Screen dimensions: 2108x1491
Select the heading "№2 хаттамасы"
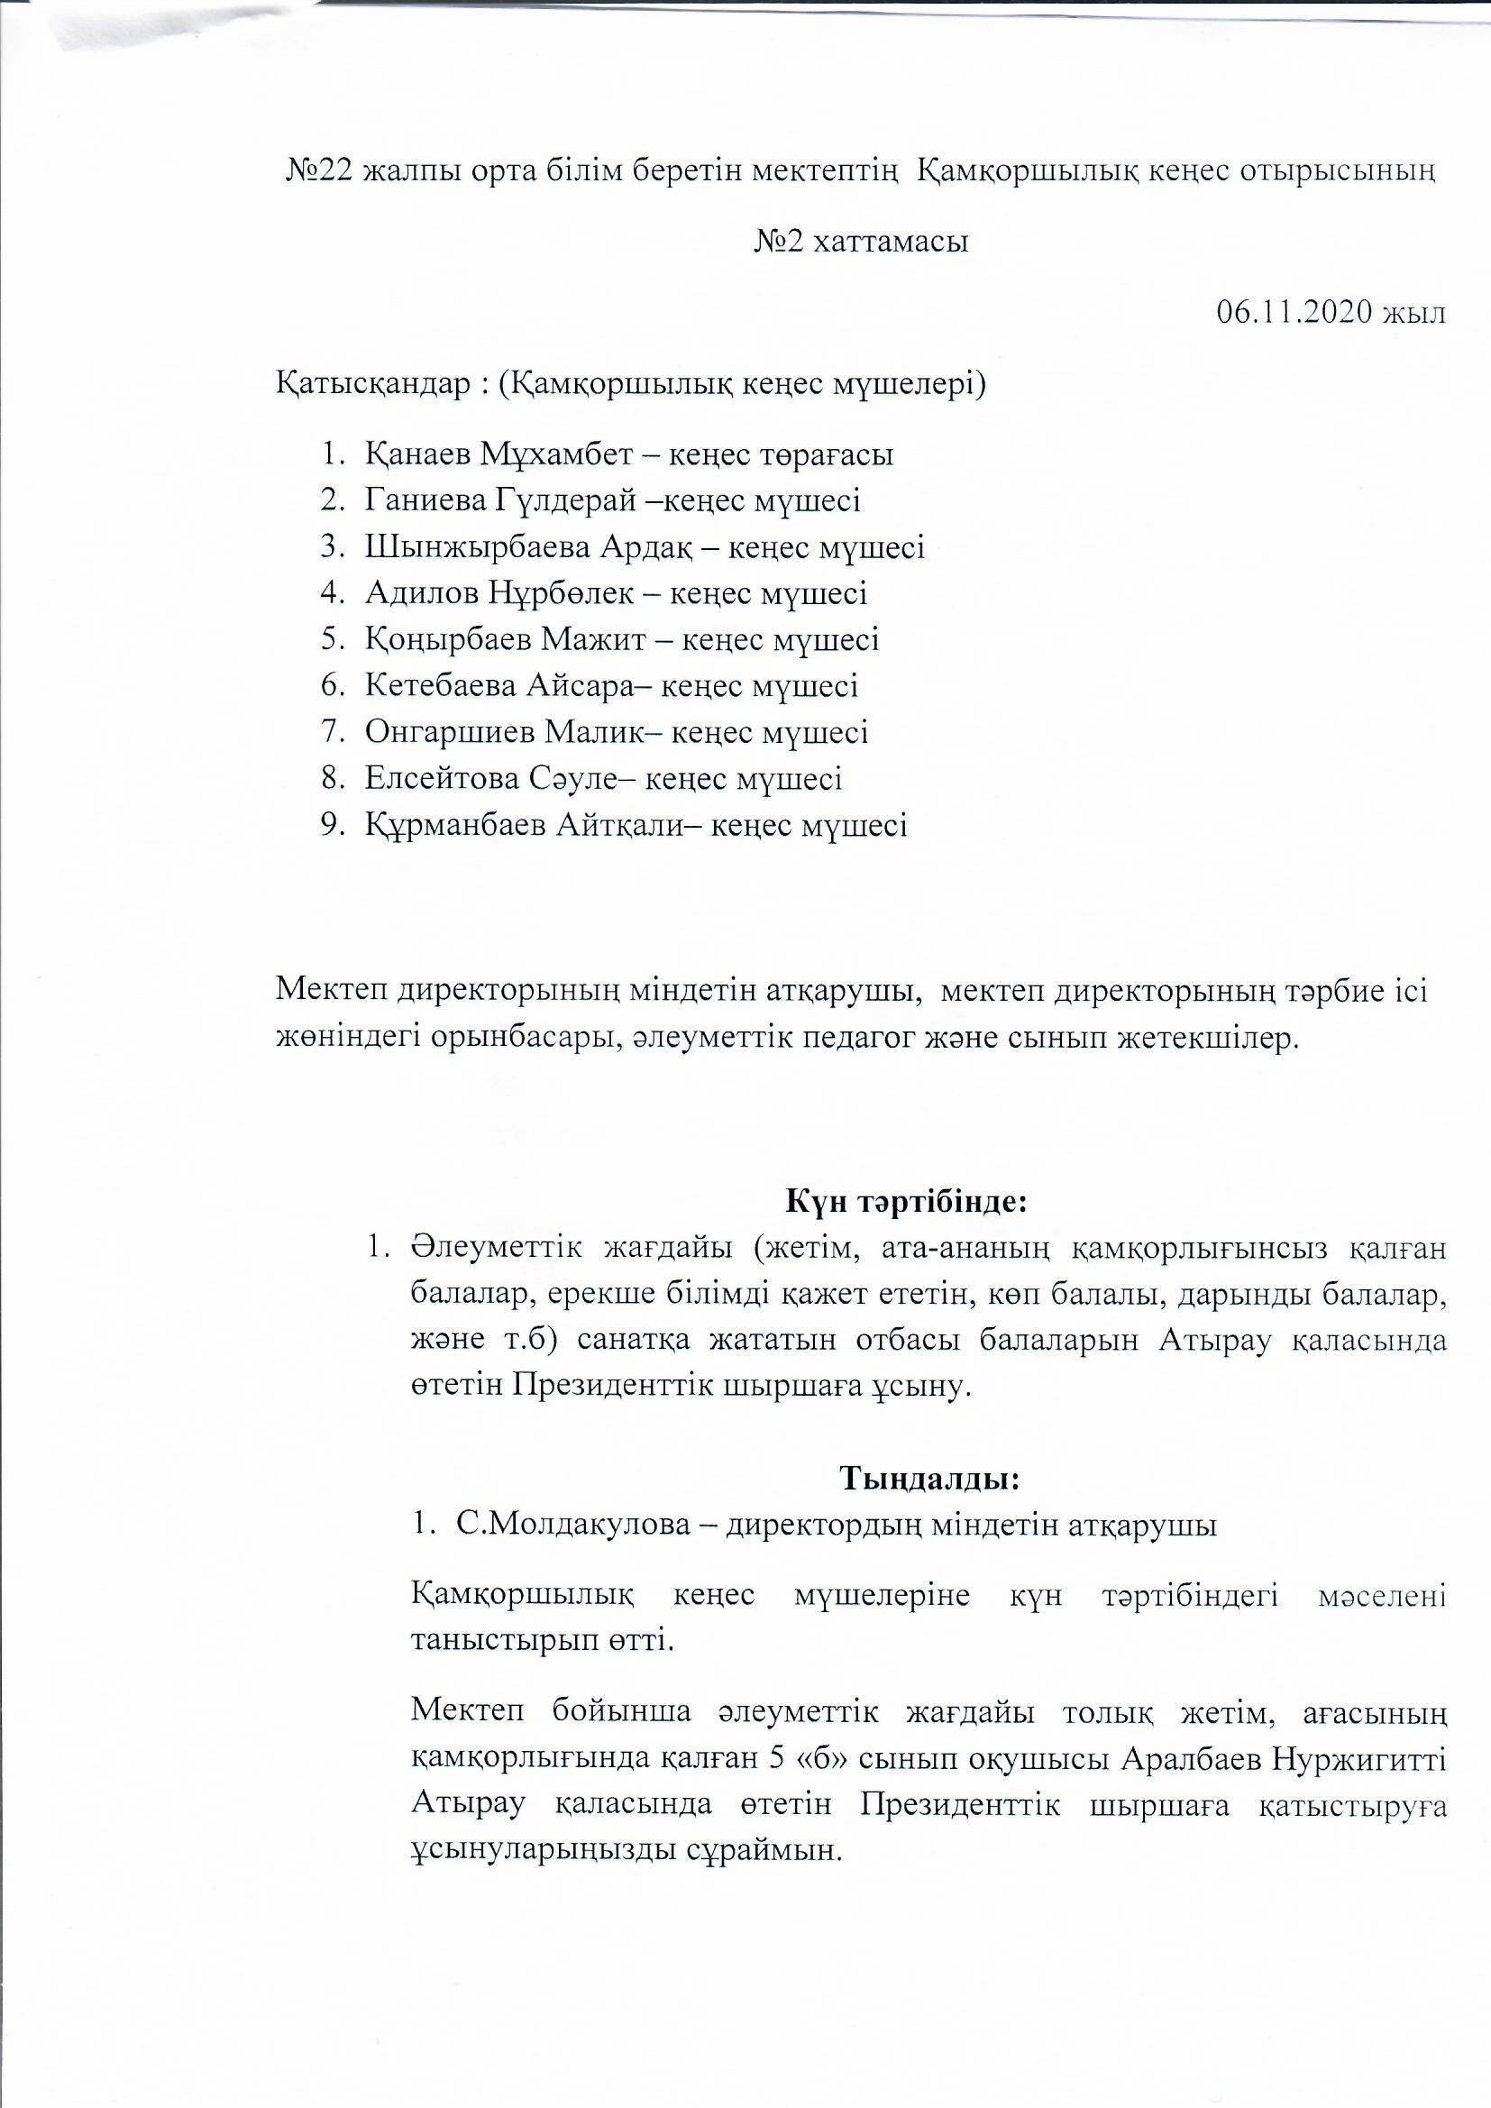861,243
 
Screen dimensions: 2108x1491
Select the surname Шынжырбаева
477,547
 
